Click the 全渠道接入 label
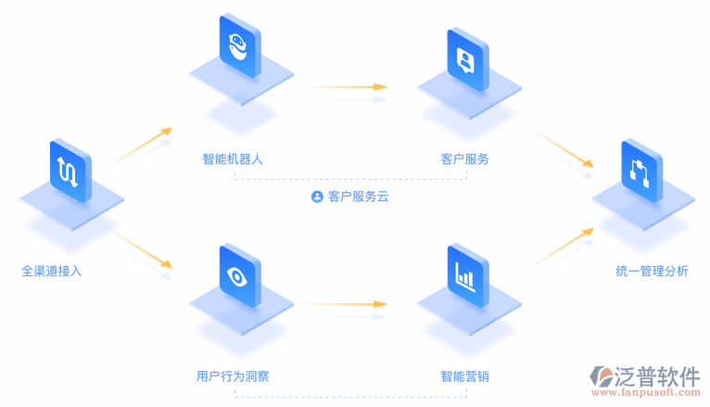52,272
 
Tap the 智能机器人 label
233,159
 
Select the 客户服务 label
464,159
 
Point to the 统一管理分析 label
652,272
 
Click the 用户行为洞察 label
233,376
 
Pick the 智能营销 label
464,376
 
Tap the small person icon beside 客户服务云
317,197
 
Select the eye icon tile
239,274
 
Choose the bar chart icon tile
466,273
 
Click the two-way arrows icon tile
69,171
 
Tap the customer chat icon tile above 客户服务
466,59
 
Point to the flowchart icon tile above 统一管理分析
641,170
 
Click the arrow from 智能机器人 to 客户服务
346,87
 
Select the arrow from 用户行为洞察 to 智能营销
346,304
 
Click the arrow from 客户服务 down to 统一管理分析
562,148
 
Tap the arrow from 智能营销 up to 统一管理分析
562,247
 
